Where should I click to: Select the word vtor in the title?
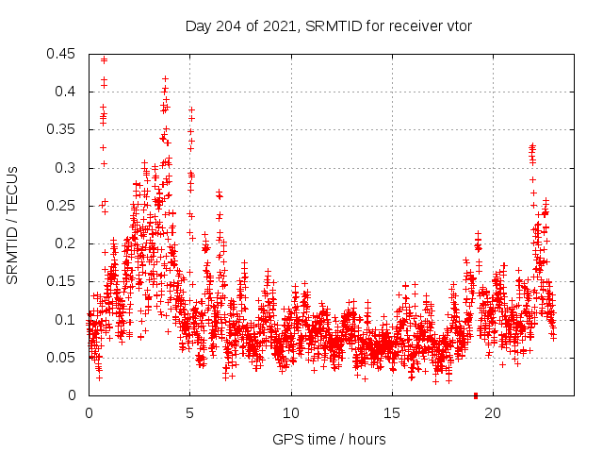(457, 25)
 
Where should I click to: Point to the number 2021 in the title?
(278, 25)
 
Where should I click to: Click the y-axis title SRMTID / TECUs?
(12, 225)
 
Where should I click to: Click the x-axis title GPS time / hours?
(329, 439)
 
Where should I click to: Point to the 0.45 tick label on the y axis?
(62, 54)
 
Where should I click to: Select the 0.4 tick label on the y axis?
(66, 92)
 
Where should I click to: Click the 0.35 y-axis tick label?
(62, 129)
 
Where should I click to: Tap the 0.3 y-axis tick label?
(66, 168)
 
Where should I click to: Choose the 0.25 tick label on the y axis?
(62, 206)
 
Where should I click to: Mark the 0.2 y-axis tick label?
(66, 243)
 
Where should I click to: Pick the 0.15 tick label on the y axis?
(62, 281)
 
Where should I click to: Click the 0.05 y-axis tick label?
(62, 358)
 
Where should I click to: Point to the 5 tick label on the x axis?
(189, 413)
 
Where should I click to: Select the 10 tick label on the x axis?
(291, 413)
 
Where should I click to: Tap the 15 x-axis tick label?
(392, 413)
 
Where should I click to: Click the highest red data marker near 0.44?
(104, 59)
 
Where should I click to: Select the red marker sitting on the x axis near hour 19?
(476, 395)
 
